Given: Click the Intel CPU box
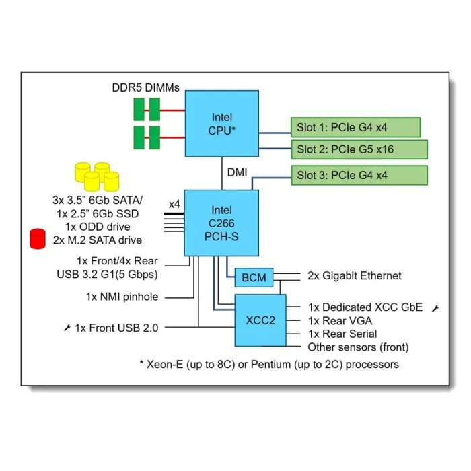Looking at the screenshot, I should tap(222, 124).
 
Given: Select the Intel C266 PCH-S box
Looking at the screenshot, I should tap(222, 223).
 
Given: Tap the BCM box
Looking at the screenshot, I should tap(254, 277).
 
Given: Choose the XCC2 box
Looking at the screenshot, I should tap(260, 320).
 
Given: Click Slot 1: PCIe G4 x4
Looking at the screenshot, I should tap(355, 126).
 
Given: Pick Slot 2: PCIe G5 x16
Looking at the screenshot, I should tap(359, 149).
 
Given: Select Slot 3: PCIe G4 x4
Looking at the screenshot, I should tap(359, 176).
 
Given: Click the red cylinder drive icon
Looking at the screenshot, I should tap(38, 238).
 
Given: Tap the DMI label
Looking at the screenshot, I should tap(237, 173).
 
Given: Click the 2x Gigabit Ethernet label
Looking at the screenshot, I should tap(354, 275).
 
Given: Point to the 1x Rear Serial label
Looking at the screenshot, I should tap(342, 334).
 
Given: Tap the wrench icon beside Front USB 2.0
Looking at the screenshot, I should tap(67, 328).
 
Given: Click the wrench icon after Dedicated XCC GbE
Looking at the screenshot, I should tap(435, 308).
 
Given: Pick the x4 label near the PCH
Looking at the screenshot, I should tap(174, 204).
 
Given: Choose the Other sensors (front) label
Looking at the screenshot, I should tap(358, 347).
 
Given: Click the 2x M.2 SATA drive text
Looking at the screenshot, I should tap(97, 240).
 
